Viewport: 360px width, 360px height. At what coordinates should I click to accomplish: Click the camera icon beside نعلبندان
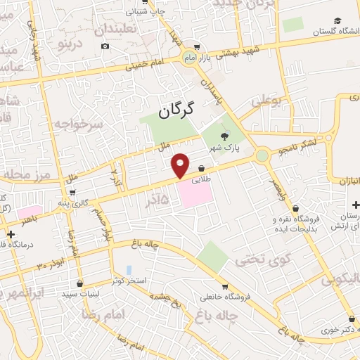pyautogui.click(x=105, y=46)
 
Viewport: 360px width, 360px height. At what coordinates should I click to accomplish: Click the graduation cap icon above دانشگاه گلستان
pyautogui.click(x=337, y=21)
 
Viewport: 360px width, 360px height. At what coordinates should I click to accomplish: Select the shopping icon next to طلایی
pyautogui.click(x=202, y=169)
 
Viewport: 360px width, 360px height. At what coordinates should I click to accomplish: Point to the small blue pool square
pyautogui.click(x=128, y=269)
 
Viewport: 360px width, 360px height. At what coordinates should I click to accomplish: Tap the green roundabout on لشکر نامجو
pyautogui.click(x=262, y=155)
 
